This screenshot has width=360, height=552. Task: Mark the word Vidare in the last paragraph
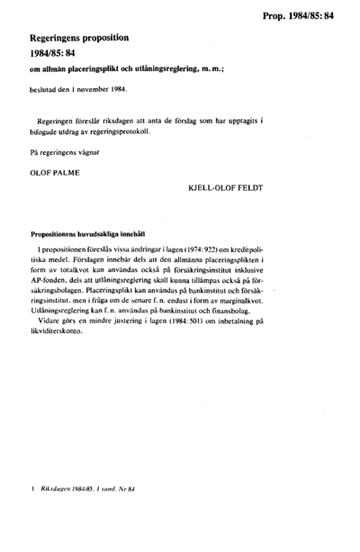[52, 321]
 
